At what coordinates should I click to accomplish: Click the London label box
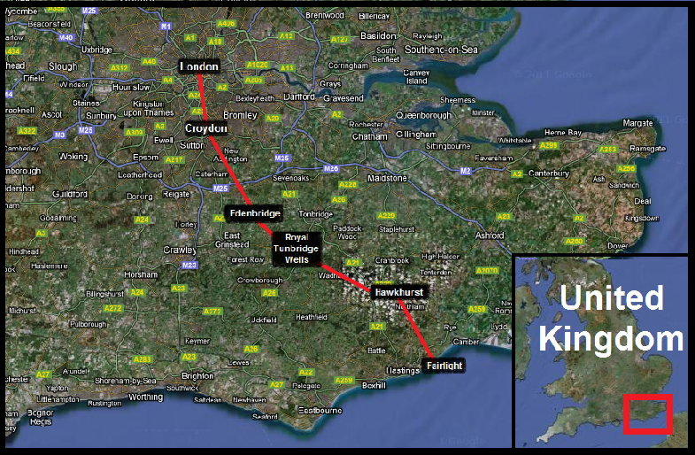click(198, 66)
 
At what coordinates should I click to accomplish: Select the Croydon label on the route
click(206, 128)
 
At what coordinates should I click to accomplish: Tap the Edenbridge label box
click(254, 214)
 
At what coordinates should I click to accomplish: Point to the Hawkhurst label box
click(398, 291)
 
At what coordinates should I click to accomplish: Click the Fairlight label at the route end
click(443, 365)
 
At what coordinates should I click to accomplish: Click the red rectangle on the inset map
click(646, 414)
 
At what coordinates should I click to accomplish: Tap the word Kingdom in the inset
click(612, 338)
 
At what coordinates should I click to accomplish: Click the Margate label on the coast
click(637, 122)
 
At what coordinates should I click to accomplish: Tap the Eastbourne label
click(320, 411)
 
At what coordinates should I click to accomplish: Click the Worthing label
click(146, 397)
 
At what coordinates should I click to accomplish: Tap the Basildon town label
click(379, 35)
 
